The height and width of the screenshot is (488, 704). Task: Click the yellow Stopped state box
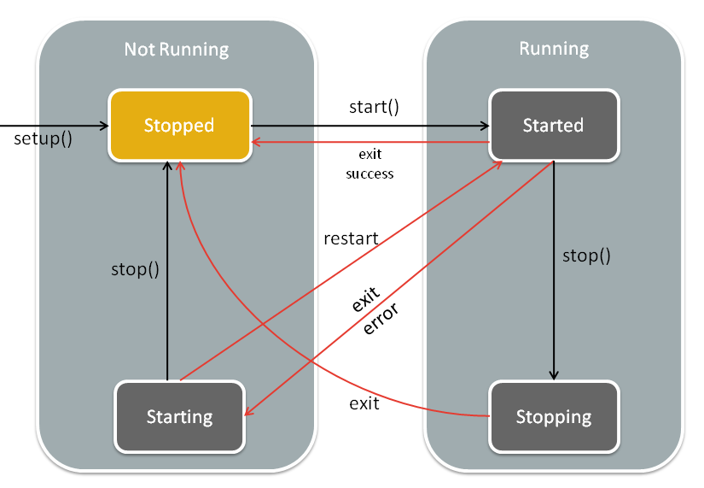tap(179, 126)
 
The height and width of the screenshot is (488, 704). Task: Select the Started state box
tap(554, 125)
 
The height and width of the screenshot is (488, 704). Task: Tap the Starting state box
tap(179, 416)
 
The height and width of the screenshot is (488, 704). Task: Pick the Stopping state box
tap(554, 416)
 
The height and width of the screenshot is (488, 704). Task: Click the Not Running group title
tap(177, 50)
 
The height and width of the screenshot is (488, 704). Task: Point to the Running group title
tap(554, 49)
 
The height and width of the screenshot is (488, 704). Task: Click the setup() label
tap(44, 138)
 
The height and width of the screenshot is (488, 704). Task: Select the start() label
tap(374, 107)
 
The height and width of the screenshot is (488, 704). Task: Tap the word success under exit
tap(369, 174)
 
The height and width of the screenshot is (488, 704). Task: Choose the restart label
tap(351, 238)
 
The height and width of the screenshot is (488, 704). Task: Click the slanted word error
tap(381, 319)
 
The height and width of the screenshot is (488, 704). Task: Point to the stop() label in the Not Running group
tap(135, 269)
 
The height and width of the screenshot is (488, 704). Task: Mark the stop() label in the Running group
tap(586, 256)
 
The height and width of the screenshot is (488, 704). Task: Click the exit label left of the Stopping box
tap(364, 403)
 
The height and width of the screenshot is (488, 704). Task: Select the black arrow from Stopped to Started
tap(370, 126)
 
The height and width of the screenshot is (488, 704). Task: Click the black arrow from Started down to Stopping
tap(554, 270)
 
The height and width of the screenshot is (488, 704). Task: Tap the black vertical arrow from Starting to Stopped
tap(167, 271)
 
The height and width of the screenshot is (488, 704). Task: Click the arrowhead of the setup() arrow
tap(105, 126)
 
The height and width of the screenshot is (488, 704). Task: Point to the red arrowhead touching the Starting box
tap(249, 410)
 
